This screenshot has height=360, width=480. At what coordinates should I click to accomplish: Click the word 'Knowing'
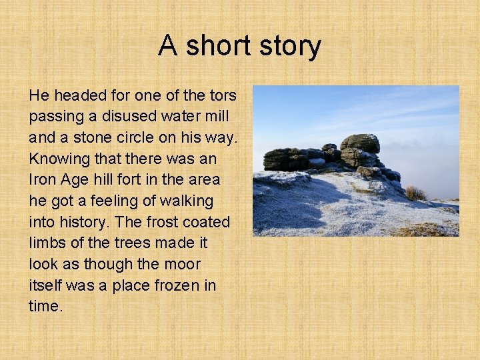[x=57, y=159]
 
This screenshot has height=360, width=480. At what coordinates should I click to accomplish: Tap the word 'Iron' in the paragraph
[x=42, y=179]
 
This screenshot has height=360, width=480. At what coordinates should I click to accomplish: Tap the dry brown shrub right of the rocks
[x=415, y=193]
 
